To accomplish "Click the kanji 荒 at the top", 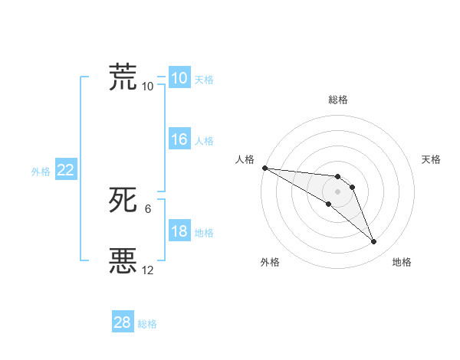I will coord(123,77).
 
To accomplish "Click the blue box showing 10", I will coord(179,78).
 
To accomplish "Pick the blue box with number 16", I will coord(179,140).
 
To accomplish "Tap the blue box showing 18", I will coord(179,232).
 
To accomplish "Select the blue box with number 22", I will coord(65,171).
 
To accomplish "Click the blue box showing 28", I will coord(122,322).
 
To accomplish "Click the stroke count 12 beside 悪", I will coord(148,270).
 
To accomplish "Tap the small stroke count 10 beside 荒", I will coord(148,86).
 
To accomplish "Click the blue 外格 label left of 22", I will coord(41,172).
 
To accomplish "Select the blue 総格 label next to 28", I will coord(147,324).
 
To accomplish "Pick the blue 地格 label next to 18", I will coord(204,233).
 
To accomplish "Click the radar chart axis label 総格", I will coord(338,100).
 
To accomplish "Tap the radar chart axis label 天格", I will coord(431,159).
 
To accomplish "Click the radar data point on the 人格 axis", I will coord(264,168).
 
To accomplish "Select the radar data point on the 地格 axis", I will coord(373,242).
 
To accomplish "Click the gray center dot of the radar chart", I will coord(338,191).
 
